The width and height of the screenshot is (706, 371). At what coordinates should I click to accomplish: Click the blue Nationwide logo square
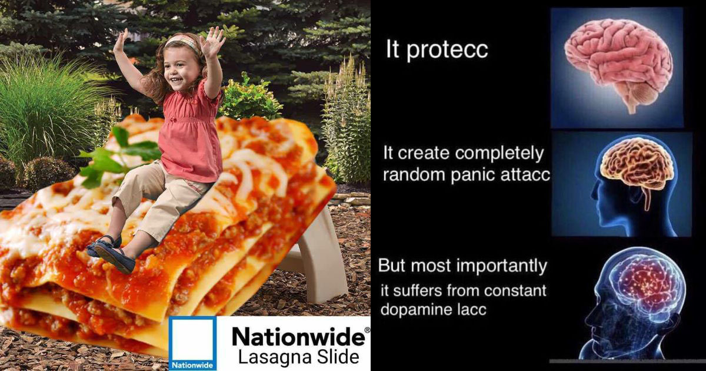pos(192,343)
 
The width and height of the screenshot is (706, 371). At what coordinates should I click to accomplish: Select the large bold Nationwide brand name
pos(298,337)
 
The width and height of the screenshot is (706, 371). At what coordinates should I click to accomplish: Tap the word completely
pos(499,154)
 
